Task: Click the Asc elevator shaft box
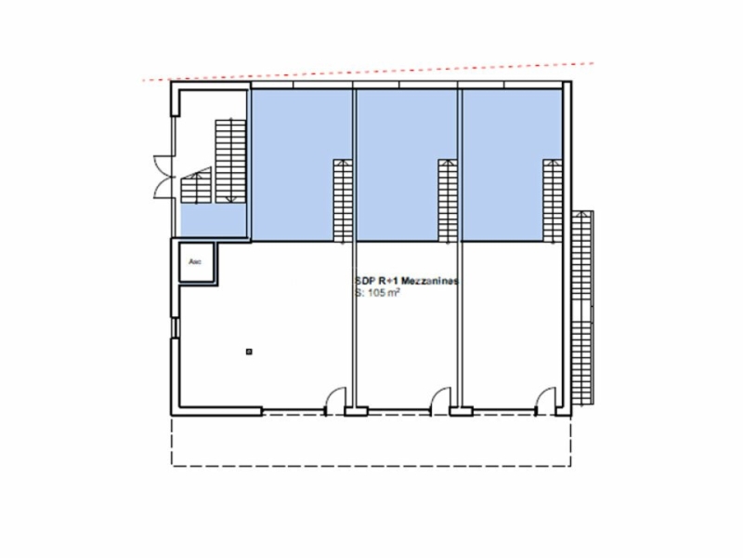pos(197,262)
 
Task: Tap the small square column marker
pos(249,351)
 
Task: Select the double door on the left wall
pos(163,178)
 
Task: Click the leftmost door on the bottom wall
pos(329,403)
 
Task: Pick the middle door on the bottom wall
pos(436,403)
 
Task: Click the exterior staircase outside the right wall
pos(583,307)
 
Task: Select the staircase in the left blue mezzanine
pos(342,199)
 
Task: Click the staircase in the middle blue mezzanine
pos(447,199)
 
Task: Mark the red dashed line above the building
pos(371,73)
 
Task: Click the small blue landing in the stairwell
pos(213,221)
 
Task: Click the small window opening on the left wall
pos(174,327)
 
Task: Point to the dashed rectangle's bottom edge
pos(371,464)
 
